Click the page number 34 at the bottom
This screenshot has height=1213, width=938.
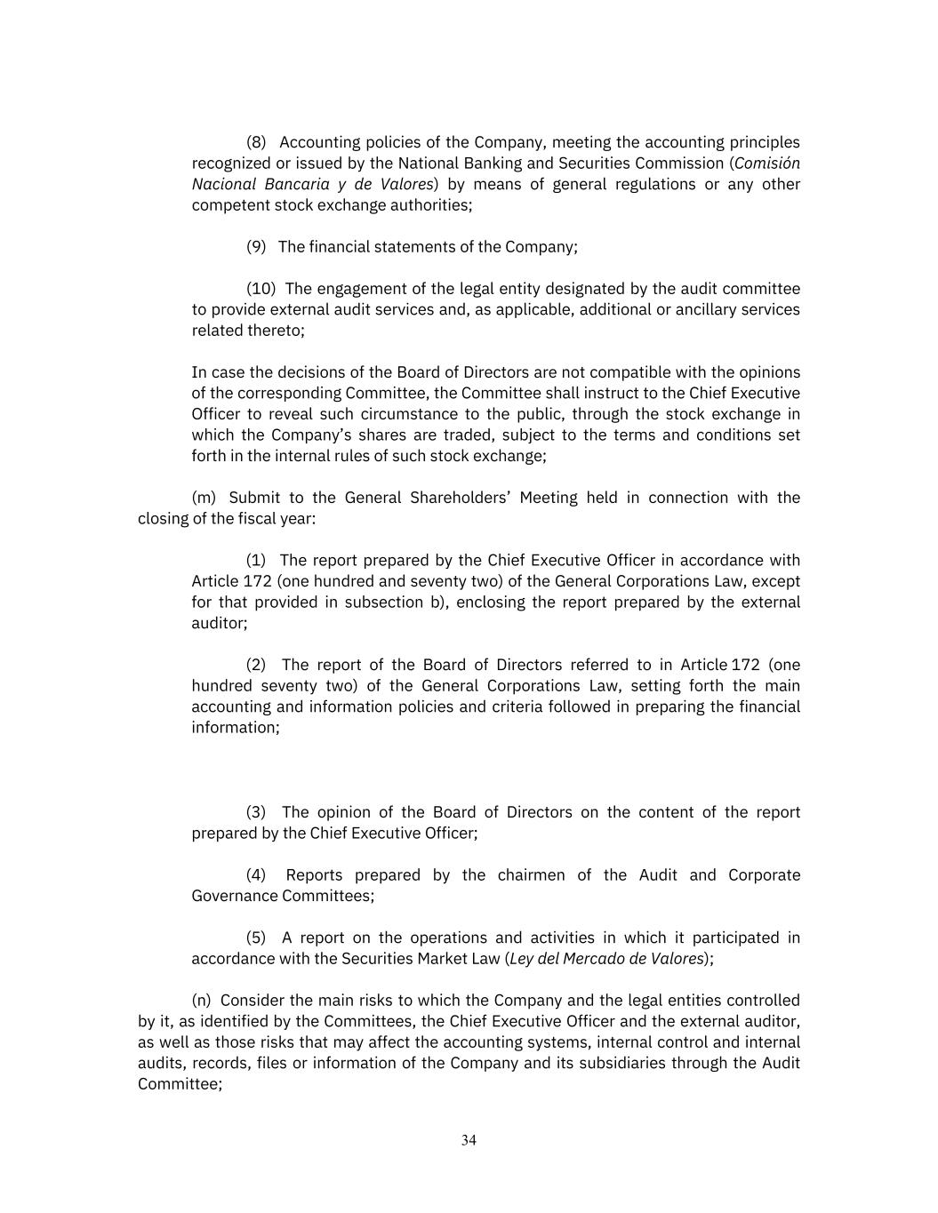pos(469,1140)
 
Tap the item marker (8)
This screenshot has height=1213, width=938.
pos(256,142)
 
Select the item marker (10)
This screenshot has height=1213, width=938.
pos(261,289)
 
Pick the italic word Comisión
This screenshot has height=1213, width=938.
pos(767,164)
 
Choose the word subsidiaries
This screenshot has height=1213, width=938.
pos(623,1064)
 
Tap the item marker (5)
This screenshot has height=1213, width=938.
pos(256,938)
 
